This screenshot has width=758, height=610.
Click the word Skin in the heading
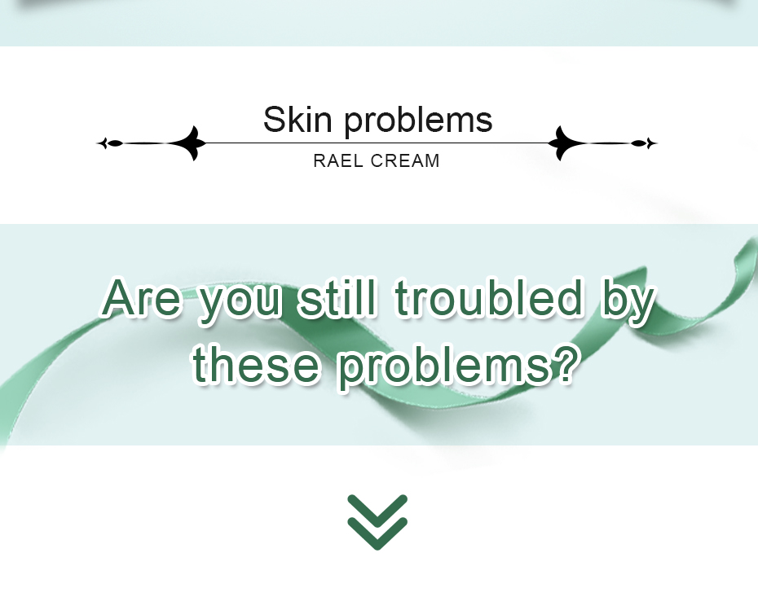[x=297, y=119]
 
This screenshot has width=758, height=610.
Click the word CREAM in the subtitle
[x=405, y=160]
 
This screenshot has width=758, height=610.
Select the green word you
[x=240, y=302]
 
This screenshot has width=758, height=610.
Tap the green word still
[x=337, y=296]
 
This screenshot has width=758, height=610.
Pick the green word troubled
[x=489, y=296]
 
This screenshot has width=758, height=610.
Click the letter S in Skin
[x=274, y=119]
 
